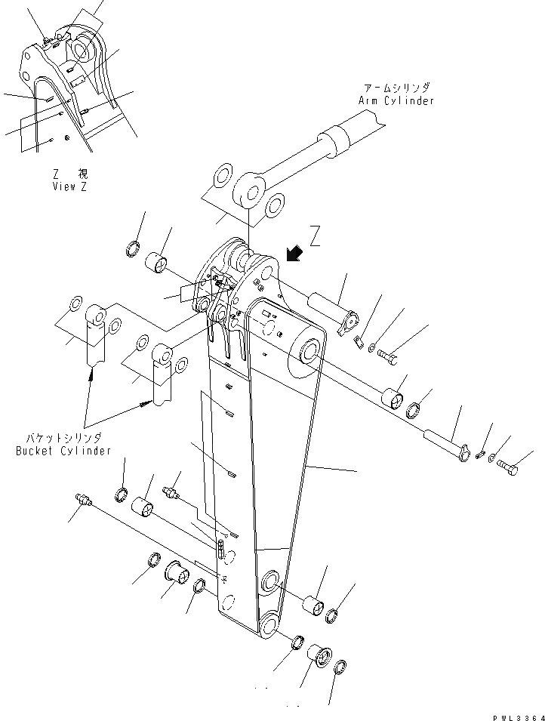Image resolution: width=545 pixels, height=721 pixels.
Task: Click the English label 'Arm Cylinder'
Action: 396,100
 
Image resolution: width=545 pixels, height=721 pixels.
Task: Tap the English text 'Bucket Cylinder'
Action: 63,451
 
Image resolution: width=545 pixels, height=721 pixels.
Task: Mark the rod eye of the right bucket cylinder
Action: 162,354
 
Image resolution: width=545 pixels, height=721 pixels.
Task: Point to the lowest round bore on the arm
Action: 270,624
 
